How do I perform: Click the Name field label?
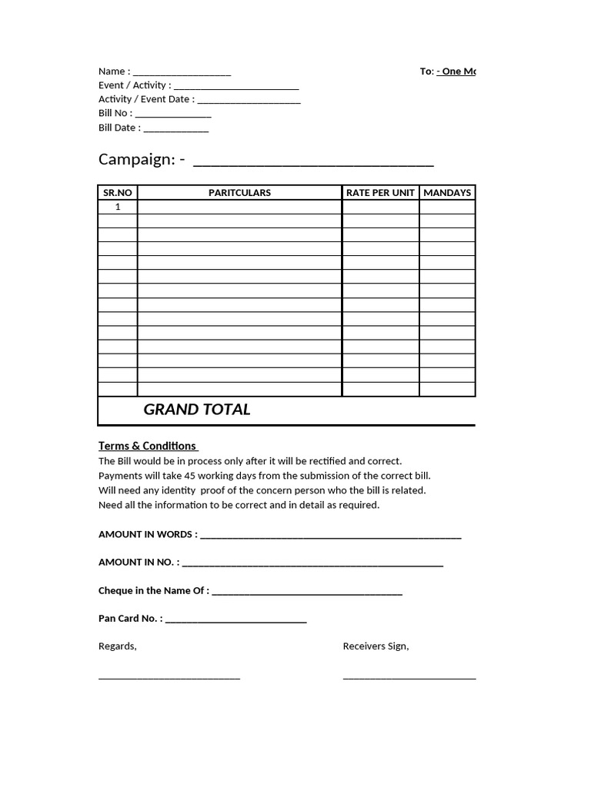point(114,71)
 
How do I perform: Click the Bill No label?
point(115,113)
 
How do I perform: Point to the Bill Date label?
point(119,128)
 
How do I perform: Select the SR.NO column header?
point(118,193)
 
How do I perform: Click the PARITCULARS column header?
point(239,193)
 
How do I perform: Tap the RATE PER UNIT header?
point(380,193)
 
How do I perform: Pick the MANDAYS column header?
point(447,193)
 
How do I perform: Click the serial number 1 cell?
point(118,207)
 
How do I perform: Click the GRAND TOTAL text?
point(197,410)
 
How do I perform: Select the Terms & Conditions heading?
point(147,446)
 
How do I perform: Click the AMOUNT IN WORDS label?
point(148,534)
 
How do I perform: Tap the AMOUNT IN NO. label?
point(139,562)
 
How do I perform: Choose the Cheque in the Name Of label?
point(153,590)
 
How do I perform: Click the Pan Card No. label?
point(130,618)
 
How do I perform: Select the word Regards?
point(117,646)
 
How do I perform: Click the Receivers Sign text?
point(376,646)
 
